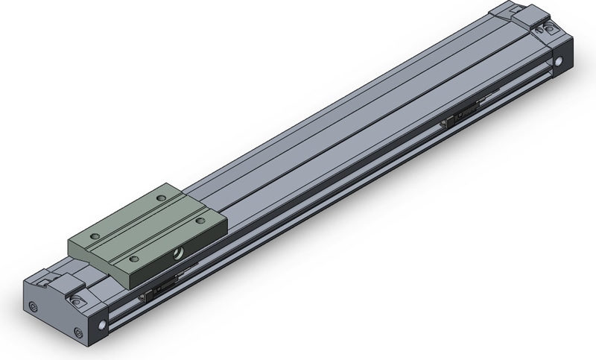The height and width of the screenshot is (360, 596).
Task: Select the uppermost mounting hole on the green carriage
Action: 162,198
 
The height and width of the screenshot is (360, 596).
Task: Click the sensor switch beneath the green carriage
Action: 162,287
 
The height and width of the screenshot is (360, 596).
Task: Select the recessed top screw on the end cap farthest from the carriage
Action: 549,28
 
